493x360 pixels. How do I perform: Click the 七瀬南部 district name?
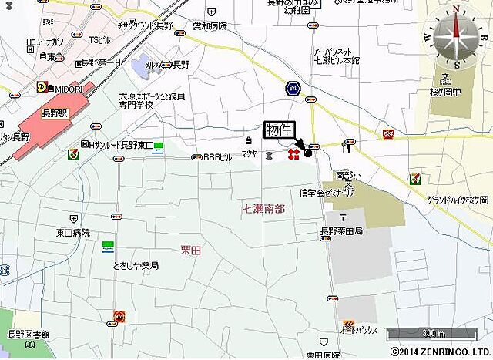click(x=263, y=208)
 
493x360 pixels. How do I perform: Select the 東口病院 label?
click(x=73, y=232)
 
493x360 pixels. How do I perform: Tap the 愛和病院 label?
click(x=210, y=25)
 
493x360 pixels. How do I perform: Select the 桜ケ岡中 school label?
click(x=447, y=90)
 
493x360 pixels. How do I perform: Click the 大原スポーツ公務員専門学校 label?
click(x=152, y=101)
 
